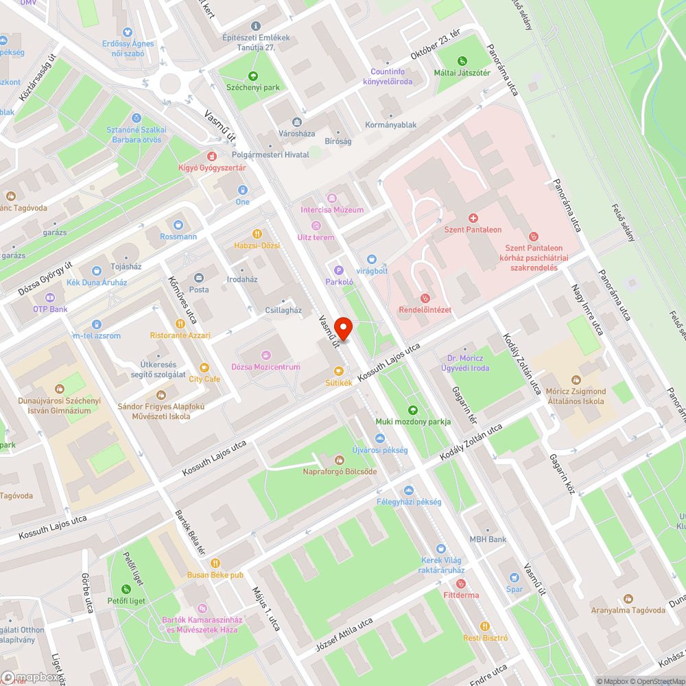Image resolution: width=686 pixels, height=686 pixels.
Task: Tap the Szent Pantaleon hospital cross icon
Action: tap(473, 217)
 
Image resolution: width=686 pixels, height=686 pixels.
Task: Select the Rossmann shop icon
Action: tap(178, 224)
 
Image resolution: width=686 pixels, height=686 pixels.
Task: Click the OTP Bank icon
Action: tap(49, 298)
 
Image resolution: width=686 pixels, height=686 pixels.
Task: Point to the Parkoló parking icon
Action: tap(338, 270)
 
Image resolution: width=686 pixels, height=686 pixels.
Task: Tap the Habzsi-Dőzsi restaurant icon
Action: tap(257, 233)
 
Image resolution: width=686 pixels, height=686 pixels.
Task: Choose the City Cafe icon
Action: tap(204, 367)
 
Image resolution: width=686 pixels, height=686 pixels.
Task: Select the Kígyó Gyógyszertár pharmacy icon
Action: tap(212, 156)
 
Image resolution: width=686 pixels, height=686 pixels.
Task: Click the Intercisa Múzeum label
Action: tap(332, 209)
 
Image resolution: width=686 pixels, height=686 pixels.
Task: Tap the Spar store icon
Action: tap(514, 578)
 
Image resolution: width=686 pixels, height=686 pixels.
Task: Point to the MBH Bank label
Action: tap(488, 539)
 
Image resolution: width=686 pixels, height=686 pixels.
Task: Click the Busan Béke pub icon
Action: tap(216, 563)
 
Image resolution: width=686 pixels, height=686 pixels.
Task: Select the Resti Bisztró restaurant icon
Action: tap(484, 626)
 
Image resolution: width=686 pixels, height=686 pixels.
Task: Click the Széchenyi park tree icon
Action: tap(253, 75)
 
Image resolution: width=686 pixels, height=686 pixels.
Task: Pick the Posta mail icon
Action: tap(199, 278)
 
